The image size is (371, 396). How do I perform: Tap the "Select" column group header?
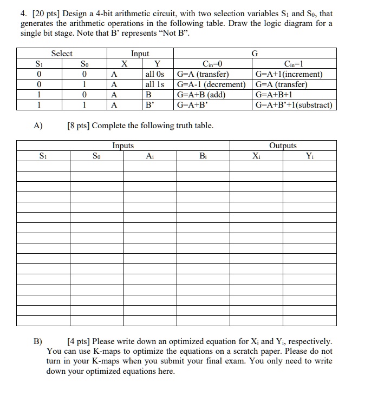point(61,54)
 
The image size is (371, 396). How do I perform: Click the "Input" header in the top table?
point(140,54)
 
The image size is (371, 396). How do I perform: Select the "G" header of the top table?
point(255,54)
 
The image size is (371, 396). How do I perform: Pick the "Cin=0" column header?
point(211,64)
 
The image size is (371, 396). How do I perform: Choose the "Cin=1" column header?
point(295,64)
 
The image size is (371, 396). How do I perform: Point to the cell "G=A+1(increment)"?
point(290,74)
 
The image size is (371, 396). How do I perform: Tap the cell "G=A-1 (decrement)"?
point(211,84)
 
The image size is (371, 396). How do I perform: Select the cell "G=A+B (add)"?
point(201,95)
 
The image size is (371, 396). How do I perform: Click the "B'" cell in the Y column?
point(150,105)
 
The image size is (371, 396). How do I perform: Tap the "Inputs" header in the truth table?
point(123,146)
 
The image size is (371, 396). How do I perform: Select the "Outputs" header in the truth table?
point(283,146)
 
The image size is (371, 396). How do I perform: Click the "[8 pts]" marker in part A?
point(79,126)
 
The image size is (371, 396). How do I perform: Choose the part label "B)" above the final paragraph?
point(38,341)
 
